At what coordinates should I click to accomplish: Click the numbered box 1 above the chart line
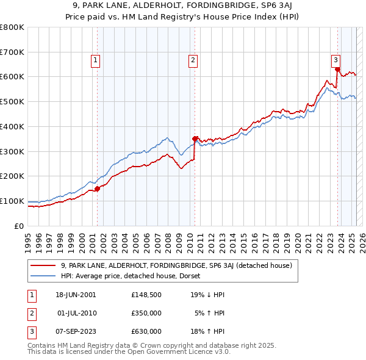pos(96,60)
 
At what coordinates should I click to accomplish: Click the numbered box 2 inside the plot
pos(193,60)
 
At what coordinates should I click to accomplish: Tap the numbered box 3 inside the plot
pos(335,60)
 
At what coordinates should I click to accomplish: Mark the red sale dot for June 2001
pos(97,189)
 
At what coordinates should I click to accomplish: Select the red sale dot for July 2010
pos(195,139)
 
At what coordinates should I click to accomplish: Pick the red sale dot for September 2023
pos(337,69)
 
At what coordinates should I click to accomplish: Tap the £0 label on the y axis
pos(20,226)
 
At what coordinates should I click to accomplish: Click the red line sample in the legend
pos(43,265)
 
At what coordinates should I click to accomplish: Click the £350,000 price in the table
pos(146,313)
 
